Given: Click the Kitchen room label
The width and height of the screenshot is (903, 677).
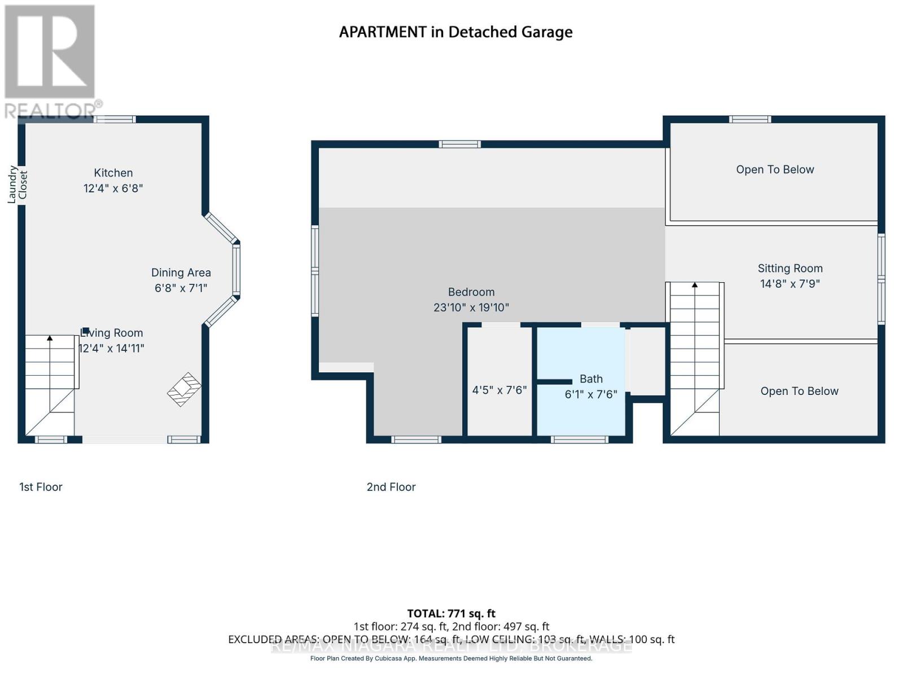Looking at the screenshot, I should tap(113, 173).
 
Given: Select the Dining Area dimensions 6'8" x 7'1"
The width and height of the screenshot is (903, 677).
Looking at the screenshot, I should tap(181, 288).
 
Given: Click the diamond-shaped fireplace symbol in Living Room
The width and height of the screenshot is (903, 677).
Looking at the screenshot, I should tap(184, 389).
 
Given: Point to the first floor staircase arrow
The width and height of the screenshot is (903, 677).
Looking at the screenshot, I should tap(50, 338).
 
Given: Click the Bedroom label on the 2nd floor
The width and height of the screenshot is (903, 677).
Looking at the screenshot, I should tap(471, 292).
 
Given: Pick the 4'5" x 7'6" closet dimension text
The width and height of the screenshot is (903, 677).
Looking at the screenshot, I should tap(499, 390).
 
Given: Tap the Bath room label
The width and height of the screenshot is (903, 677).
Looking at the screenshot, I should tap(591, 379).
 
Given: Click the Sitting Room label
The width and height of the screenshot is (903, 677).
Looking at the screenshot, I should tap(790, 269).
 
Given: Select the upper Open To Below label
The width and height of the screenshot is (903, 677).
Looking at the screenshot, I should tap(775, 170).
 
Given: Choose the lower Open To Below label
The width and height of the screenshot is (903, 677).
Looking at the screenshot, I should tap(799, 392).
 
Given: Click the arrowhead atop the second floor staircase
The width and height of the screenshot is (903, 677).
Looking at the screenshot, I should tap(695, 285).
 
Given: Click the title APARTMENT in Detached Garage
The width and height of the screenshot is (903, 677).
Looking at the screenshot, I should tap(455, 32).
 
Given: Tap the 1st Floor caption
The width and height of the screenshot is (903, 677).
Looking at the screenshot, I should tap(41, 487).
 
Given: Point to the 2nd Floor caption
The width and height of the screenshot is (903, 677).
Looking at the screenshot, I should tap(391, 487).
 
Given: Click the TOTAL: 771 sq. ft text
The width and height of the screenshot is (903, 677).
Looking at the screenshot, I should tap(451, 613).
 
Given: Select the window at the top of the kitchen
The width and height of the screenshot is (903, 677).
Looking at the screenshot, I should tap(115, 119).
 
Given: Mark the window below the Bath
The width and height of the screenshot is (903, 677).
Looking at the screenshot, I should tap(580, 439).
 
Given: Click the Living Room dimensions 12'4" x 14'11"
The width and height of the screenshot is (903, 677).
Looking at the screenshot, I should tap(112, 349).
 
